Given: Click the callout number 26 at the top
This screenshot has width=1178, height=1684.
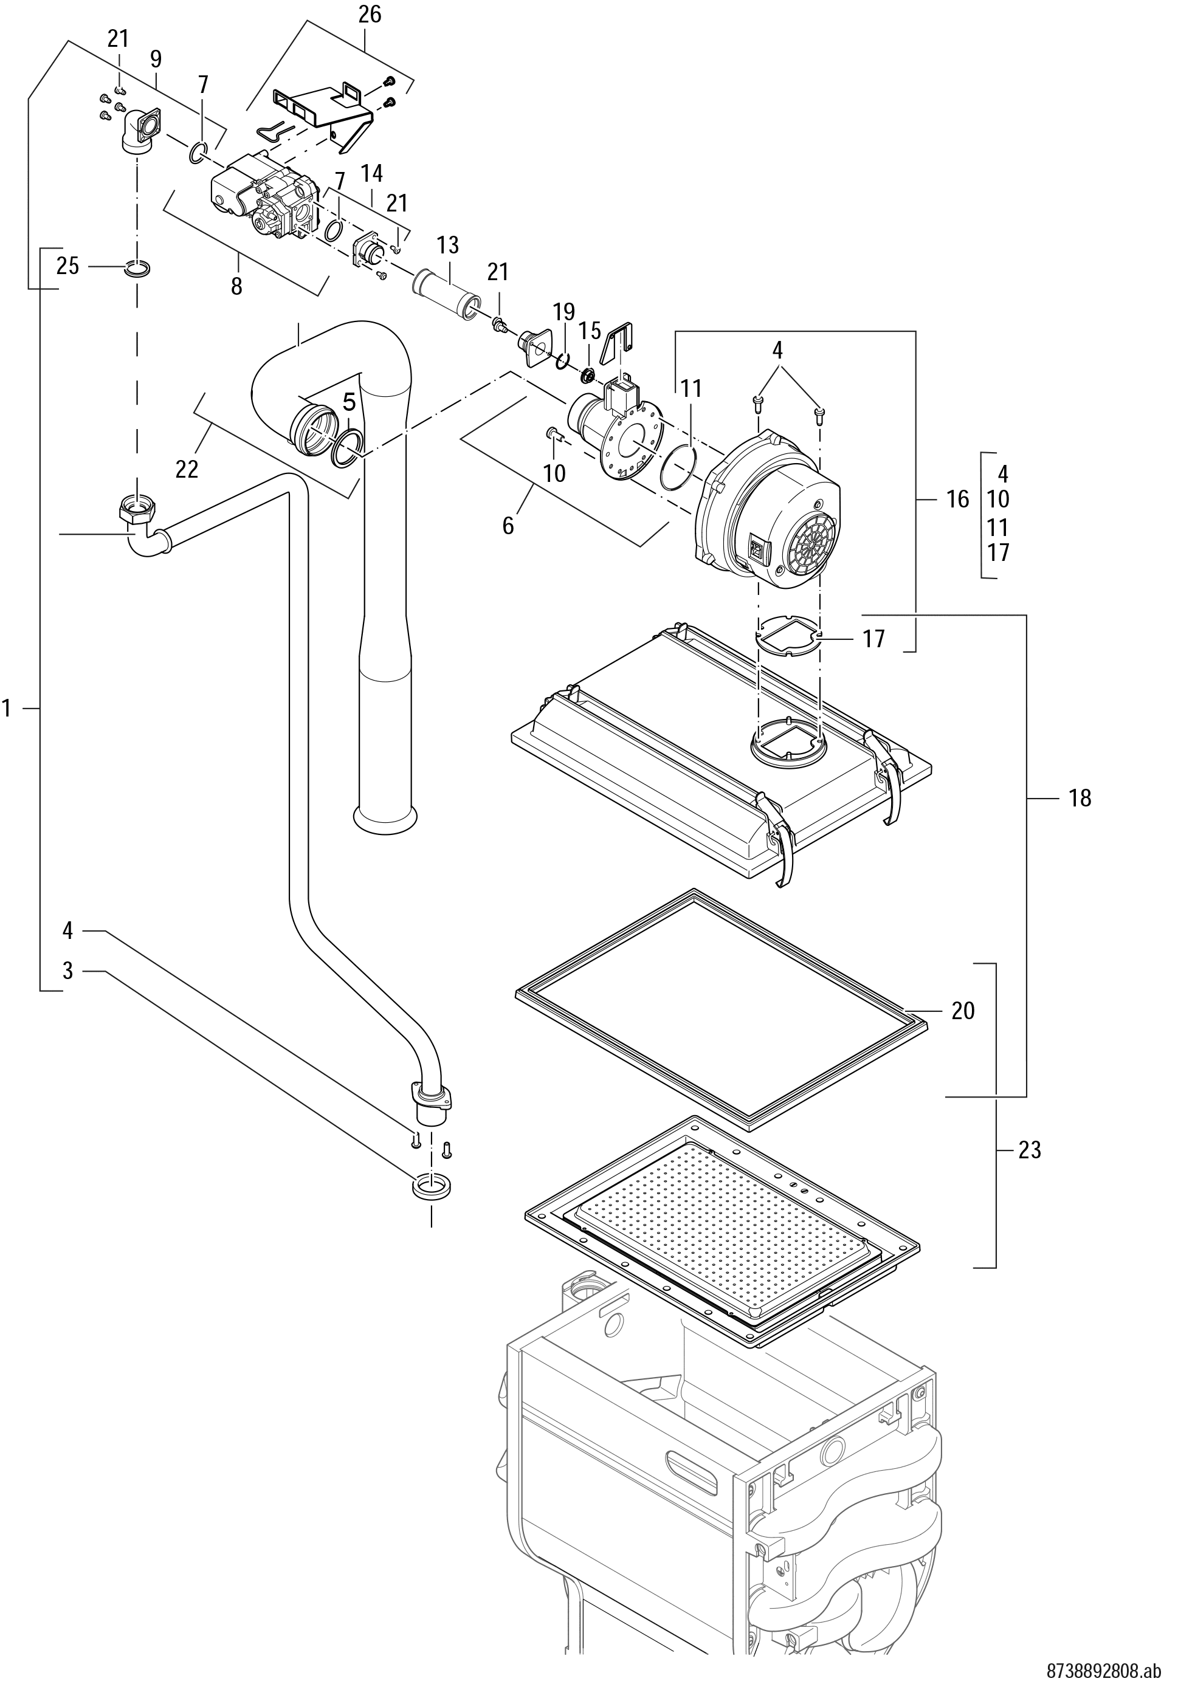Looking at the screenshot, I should (370, 14).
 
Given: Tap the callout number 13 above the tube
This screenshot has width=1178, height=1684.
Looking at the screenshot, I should (447, 246).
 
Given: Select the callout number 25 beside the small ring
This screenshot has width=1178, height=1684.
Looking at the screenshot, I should (67, 266).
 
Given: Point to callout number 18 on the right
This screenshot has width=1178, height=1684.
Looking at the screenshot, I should (1080, 798).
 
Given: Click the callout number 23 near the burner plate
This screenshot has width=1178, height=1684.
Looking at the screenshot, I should (1030, 1150).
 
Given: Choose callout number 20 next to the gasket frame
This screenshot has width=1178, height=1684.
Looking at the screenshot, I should (962, 1011).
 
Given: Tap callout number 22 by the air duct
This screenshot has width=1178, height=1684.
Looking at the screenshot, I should (187, 469).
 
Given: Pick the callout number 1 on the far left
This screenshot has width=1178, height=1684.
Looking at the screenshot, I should (7, 709).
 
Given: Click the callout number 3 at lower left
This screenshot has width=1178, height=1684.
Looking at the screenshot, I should (67, 971).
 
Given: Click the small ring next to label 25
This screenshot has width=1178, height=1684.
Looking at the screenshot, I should (137, 269).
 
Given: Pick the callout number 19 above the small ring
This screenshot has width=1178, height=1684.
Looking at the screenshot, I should (564, 312).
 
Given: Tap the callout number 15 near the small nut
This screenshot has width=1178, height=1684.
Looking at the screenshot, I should (590, 330).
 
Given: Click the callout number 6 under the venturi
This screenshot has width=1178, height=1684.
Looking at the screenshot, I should (508, 525).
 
